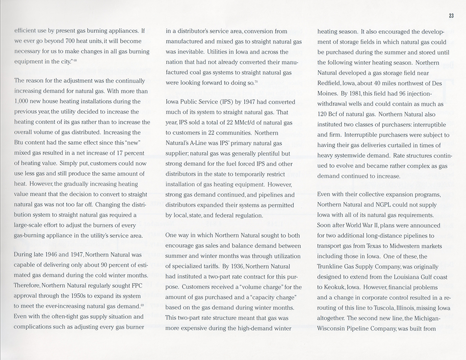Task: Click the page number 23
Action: coord(451,15)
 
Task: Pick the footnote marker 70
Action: coord(257,82)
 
